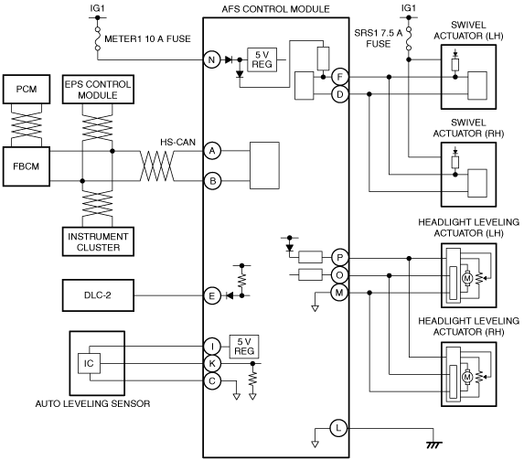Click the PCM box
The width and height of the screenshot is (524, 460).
click(27, 89)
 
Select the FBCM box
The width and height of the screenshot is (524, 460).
click(27, 166)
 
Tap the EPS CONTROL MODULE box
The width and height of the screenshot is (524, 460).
click(98, 90)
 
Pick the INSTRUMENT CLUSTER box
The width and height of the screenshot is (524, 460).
click(98, 241)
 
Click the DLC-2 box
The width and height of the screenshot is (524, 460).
click(98, 295)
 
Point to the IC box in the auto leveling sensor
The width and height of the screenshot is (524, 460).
click(89, 363)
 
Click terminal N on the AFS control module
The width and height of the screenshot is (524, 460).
click(212, 59)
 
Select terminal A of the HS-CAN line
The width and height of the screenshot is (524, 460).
click(212, 151)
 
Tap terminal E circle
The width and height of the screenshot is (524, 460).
click(212, 295)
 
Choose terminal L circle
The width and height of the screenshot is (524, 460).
click(338, 428)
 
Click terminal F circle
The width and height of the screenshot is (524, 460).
click(340, 77)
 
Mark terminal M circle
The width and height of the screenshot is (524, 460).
click(339, 293)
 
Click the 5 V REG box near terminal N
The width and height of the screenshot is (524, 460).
click(262, 59)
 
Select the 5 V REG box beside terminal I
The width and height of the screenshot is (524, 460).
click(244, 347)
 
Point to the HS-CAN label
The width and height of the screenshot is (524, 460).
click(177, 142)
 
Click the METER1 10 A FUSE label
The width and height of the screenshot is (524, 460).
click(147, 38)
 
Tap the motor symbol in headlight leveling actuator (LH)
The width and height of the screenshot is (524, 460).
click(467, 278)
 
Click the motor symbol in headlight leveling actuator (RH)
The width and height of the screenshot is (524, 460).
click(467, 377)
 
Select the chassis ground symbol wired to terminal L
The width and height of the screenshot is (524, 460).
click(433, 445)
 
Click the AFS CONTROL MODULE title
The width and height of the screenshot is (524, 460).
click(275, 9)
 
